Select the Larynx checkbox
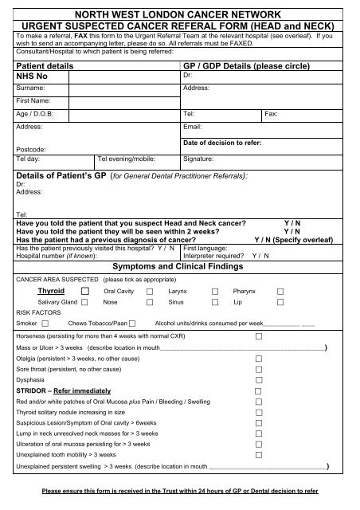(213, 292)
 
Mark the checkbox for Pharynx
(280, 292)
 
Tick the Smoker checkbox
(45, 323)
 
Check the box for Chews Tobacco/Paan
(132, 323)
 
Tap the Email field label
(192, 127)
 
